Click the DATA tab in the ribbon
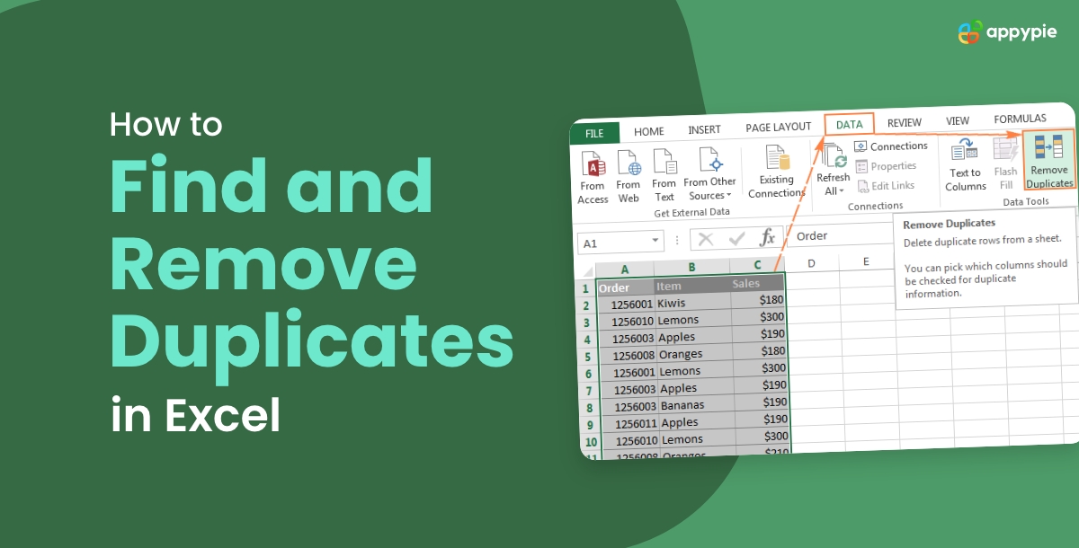(849, 125)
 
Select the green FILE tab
(594, 133)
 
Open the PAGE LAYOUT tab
(778, 128)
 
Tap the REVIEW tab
(904, 123)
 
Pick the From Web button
(629, 178)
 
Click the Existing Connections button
(777, 172)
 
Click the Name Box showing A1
(619, 243)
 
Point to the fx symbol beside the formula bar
(767, 238)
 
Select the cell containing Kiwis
(691, 304)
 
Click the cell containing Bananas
(694, 405)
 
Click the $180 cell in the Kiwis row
(759, 299)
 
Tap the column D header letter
(811, 263)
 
